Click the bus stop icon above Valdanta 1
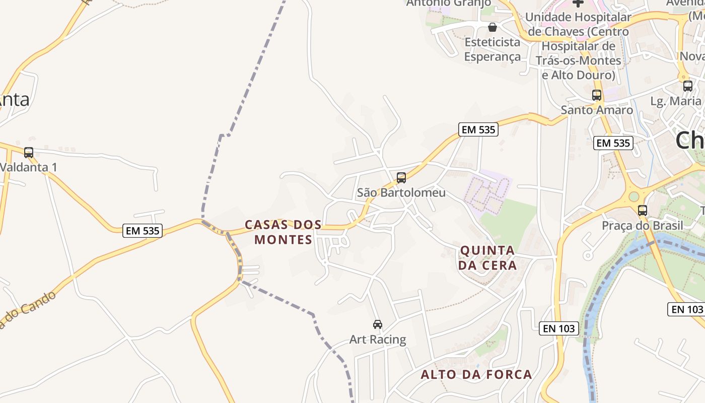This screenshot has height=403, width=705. (29, 152)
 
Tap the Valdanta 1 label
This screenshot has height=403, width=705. (29, 167)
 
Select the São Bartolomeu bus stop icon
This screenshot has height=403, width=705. (401, 177)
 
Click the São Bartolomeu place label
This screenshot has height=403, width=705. (401, 192)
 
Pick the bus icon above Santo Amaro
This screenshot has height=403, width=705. (597, 95)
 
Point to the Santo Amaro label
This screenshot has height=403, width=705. (597, 110)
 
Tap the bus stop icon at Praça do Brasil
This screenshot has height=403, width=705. (643, 211)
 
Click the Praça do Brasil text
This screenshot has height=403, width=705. (643, 225)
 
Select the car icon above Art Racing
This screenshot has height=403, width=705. (378, 324)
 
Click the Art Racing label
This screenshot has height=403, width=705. (378, 340)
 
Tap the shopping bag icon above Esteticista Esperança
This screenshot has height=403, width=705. (492, 27)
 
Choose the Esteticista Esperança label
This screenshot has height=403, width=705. (492, 49)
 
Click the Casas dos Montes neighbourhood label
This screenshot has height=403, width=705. (283, 232)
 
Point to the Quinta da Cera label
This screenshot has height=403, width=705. (487, 257)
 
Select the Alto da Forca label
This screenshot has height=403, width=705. (476, 374)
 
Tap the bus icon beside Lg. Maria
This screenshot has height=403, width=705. (688, 86)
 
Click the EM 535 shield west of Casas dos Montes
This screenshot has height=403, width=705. (143, 231)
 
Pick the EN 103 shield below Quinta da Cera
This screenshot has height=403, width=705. (559, 328)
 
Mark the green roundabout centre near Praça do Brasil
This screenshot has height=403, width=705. (633, 196)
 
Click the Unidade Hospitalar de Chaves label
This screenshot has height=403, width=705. (578, 46)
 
